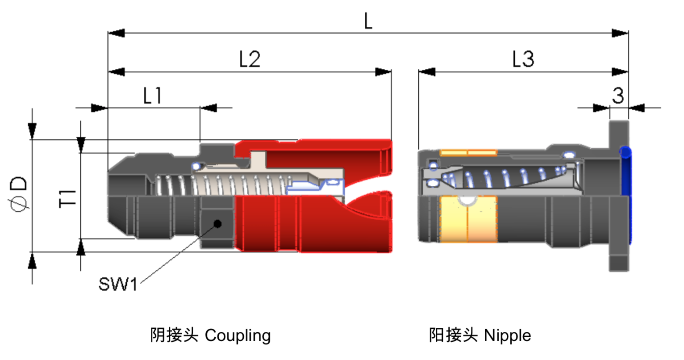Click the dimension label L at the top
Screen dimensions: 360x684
pos(368,21)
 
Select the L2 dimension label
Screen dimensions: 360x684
pos(250,59)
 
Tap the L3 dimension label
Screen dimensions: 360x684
pos(523,59)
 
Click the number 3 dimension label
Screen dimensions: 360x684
pos(618,96)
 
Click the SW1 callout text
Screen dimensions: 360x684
pos(118,284)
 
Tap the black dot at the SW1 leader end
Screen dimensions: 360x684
pos(217,223)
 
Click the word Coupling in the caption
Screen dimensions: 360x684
pos(238,335)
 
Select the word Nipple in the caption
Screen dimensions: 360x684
pos(507,335)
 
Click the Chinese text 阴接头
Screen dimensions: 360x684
pos(174,335)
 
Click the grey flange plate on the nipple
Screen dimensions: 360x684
pos(618,259)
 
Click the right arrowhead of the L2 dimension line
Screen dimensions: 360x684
pos(383,72)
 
